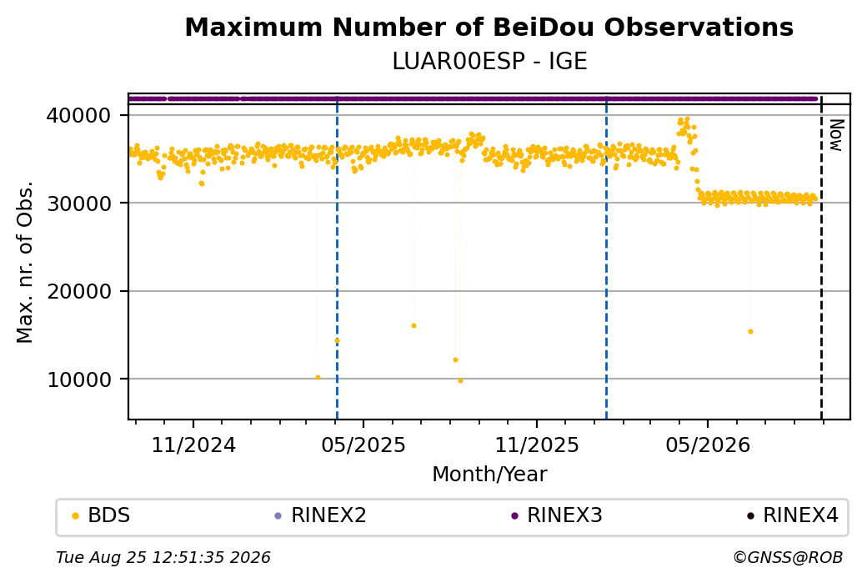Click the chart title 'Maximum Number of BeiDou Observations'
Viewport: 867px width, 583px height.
click(489, 28)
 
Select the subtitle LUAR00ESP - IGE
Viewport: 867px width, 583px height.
click(489, 62)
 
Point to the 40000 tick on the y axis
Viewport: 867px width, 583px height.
click(79, 116)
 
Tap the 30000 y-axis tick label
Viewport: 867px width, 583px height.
click(79, 204)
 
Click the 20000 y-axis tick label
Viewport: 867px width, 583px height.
click(79, 292)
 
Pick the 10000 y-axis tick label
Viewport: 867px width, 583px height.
click(79, 379)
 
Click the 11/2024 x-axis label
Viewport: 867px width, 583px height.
click(193, 445)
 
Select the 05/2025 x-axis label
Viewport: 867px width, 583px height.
click(363, 445)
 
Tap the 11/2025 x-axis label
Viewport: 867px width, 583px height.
click(536, 445)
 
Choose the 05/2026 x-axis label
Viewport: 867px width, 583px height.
click(708, 445)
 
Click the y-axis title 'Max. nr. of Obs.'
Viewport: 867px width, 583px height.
click(25, 262)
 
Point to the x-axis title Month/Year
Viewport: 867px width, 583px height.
click(489, 475)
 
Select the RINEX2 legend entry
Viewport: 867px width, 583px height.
click(321, 515)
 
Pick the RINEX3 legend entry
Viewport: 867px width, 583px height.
click(557, 515)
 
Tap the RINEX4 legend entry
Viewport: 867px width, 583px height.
click(793, 515)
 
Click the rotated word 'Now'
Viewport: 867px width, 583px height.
click(836, 135)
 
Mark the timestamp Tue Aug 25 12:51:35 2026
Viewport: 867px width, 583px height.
click(163, 557)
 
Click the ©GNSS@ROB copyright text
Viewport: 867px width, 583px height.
click(788, 557)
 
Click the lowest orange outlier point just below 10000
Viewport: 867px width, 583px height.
click(460, 380)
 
